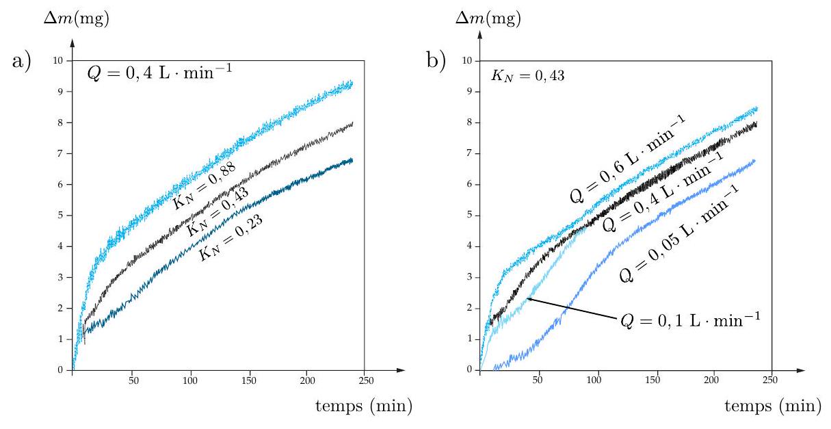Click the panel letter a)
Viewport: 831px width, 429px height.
[x=21, y=62]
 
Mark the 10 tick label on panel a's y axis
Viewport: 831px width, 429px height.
[x=59, y=60]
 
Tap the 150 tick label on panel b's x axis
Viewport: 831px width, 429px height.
[x=656, y=382]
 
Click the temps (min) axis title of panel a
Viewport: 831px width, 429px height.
[x=364, y=406]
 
